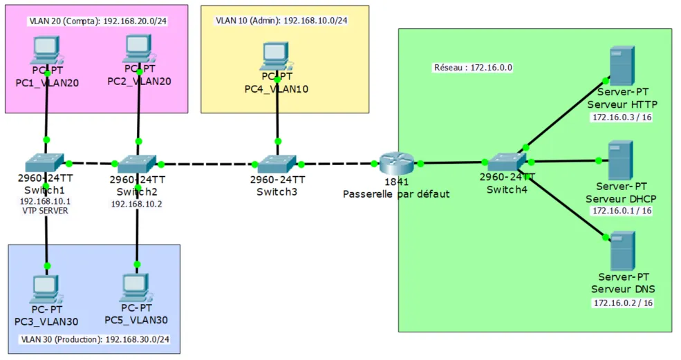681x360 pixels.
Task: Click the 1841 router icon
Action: [x=396, y=163]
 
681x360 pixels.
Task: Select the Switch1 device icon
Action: [x=44, y=163]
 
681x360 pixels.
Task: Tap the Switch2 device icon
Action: [x=136, y=164]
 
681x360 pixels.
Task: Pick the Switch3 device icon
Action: [x=277, y=164]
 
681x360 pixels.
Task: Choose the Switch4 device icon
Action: [x=507, y=162]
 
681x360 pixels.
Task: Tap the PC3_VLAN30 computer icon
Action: [x=46, y=290]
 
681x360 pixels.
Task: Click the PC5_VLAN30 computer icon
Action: [x=136, y=288]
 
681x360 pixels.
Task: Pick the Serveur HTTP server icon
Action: [x=622, y=66]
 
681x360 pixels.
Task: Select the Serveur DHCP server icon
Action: [x=620, y=160]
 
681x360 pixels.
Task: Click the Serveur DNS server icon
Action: [x=623, y=251]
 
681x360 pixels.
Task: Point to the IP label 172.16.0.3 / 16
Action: [x=622, y=117]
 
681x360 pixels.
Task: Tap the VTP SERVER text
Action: [x=45, y=211]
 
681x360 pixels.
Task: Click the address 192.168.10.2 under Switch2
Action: [x=136, y=204]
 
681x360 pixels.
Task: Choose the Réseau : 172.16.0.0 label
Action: [x=473, y=67]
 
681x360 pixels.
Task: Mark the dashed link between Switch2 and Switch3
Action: [x=207, y=164]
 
